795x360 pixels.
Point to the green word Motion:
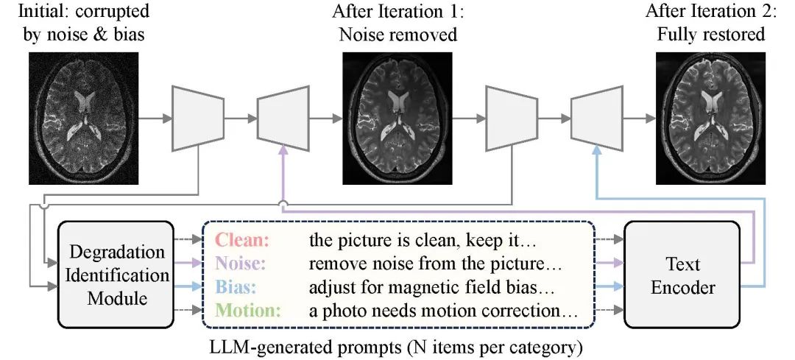point(248,309)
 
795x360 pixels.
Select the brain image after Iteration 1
point(397,118)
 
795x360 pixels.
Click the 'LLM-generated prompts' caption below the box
point(397,343)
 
